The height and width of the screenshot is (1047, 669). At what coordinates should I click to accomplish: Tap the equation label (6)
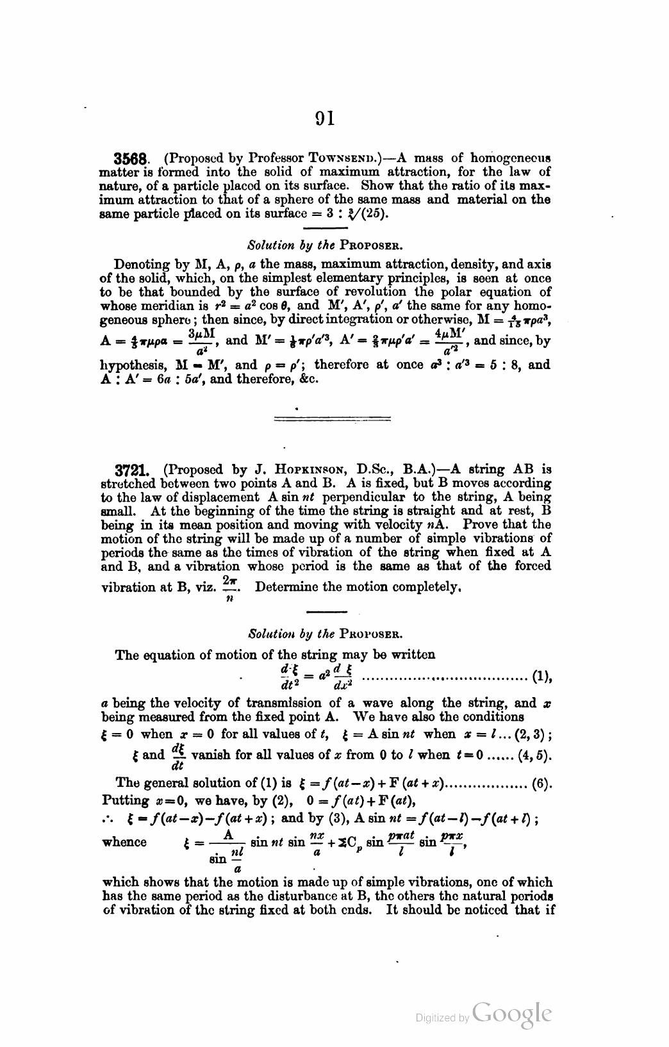(543, 783)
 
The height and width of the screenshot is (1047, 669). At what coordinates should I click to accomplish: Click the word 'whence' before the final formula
(124, 841)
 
